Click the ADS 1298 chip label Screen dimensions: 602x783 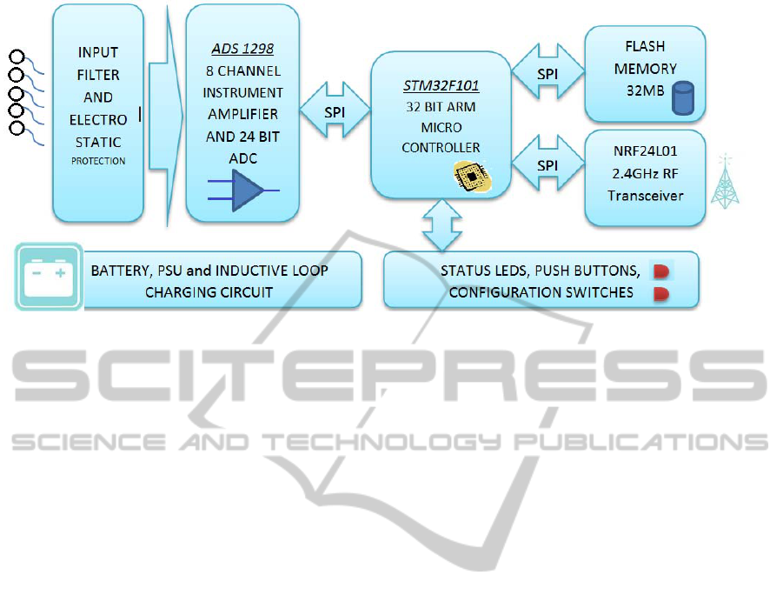tap(242, 49)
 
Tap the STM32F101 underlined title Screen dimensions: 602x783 tap(441, 86)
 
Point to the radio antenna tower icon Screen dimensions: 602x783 tap(724, 182)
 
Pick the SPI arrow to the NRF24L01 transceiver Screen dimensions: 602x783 tap(547, 164)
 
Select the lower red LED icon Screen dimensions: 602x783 tap(661, 294)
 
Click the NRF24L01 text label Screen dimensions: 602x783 tap(644, 150)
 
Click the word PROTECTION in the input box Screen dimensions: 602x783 tap(98, 161)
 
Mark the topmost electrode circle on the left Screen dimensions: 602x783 tap(16, 58)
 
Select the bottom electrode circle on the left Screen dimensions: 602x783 tap(16, 129)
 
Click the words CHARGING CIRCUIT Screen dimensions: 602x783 tap(209, 292)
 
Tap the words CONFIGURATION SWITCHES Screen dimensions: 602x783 tap(541, 292)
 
